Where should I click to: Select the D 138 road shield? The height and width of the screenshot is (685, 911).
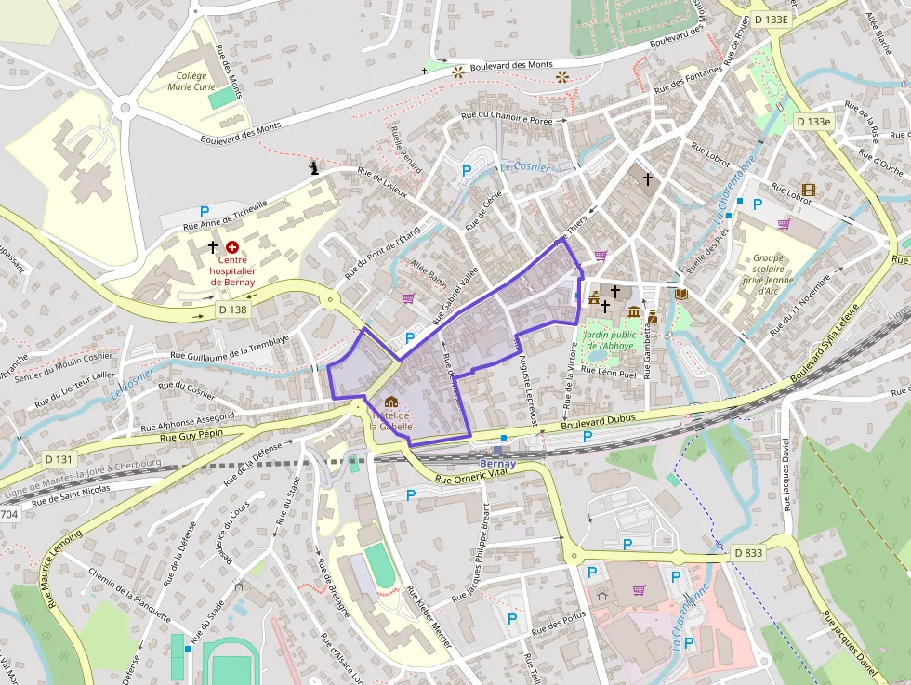tap(232, 309)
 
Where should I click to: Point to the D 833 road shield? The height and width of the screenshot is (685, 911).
tap(747, 553)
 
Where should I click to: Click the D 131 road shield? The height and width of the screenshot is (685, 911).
tap(58, 459)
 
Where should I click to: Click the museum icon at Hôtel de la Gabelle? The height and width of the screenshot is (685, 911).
tap(391, 402)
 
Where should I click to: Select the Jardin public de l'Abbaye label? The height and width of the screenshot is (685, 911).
tap(609, 339)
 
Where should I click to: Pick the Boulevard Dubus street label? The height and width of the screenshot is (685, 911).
tap(599, 421)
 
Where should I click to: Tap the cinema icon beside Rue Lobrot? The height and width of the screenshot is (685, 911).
tap(808, 190)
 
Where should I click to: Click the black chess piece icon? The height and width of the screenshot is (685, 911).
tap(315, 168)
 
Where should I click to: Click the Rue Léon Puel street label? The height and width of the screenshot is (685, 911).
tap(609, 371)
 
